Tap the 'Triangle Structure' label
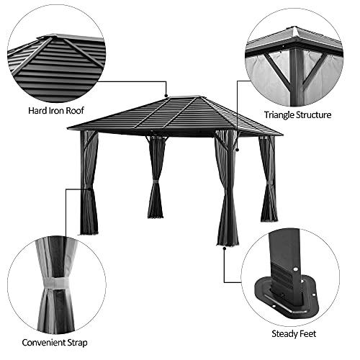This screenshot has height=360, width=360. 297,114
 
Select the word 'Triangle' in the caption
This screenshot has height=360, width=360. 281,114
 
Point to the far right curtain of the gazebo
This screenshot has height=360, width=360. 268,180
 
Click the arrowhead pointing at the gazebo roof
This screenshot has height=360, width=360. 166,94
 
